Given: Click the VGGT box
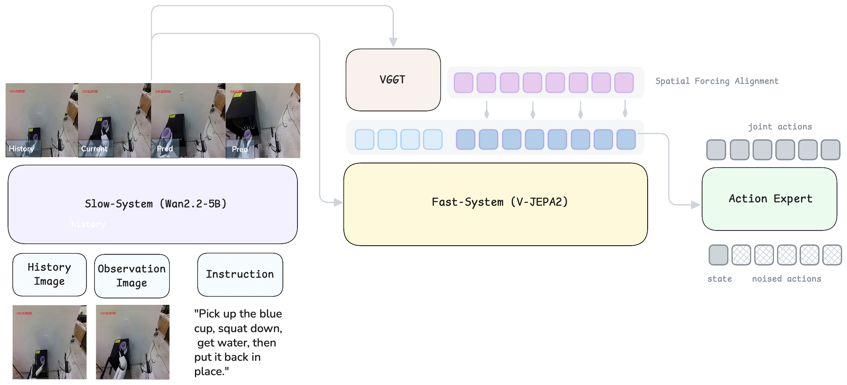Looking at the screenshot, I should (393, 80).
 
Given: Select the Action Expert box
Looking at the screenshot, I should (770, 199).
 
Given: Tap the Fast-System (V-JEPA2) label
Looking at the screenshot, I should (499, 202).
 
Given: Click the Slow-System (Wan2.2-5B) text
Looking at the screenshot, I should (155, 204).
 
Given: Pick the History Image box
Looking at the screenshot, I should (49, 274).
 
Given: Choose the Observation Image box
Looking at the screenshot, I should (132, 276).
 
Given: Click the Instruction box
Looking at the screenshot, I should (240, 274).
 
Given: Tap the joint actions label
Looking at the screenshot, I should (780, 127).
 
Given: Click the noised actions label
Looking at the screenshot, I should (786, 279).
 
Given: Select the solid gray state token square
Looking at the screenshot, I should (718, 255).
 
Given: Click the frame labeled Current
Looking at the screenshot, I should (114, 120).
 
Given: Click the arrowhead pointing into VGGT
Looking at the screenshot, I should (393, 42).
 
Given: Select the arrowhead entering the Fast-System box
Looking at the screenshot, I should (338, 202).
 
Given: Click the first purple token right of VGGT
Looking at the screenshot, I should (463, 83).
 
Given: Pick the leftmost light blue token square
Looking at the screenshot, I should (364, 139).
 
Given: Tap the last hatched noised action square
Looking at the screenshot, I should (832, 255).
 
